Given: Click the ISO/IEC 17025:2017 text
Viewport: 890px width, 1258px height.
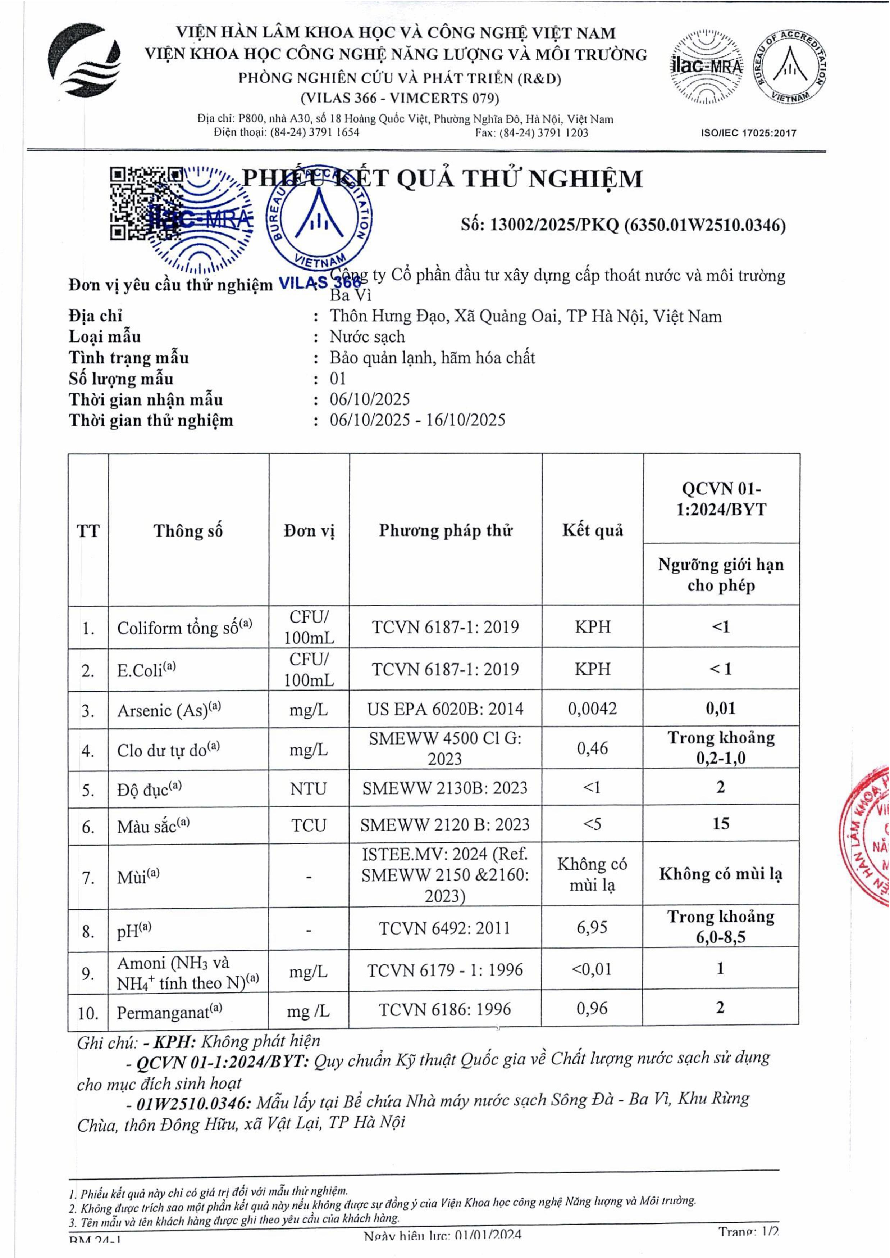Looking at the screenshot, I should [749, 133].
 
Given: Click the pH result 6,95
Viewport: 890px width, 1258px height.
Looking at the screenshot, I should [592, 927].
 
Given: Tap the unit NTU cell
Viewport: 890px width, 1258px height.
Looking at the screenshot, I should [309, 788].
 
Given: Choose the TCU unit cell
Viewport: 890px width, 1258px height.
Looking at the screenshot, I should [309, 825].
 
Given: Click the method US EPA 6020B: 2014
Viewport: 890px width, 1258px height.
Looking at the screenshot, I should [445, 709].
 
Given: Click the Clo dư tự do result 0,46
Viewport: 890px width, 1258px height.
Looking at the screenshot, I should [592, 748].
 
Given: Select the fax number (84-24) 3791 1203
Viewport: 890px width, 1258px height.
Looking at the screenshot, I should [531, 133].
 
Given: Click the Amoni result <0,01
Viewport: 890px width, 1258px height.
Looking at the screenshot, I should [592, 969].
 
